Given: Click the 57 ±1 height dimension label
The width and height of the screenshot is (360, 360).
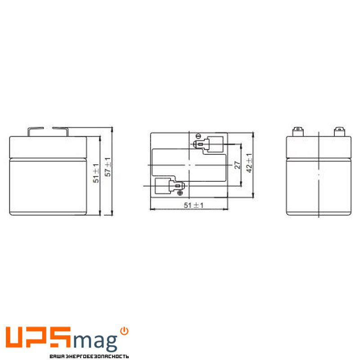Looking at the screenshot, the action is [x=108, y=167].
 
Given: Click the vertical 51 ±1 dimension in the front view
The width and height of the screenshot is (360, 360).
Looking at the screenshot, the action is [x=96, y=173].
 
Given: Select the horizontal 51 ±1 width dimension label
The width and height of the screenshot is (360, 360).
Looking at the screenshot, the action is [x=193, y=205].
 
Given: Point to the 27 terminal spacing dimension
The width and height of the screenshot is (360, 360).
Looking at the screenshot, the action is [x=238, y=165].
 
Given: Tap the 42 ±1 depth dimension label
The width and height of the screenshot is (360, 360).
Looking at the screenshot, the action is [x=249, y=163].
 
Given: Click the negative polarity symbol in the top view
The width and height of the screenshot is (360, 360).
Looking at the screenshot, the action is [x=199, y=136].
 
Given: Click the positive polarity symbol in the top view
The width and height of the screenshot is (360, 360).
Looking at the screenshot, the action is [x=180, y=193].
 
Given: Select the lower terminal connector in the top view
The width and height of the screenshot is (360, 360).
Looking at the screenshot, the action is [x=176, y=185].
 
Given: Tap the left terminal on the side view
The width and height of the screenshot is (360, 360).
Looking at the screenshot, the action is [x=298, y=131].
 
